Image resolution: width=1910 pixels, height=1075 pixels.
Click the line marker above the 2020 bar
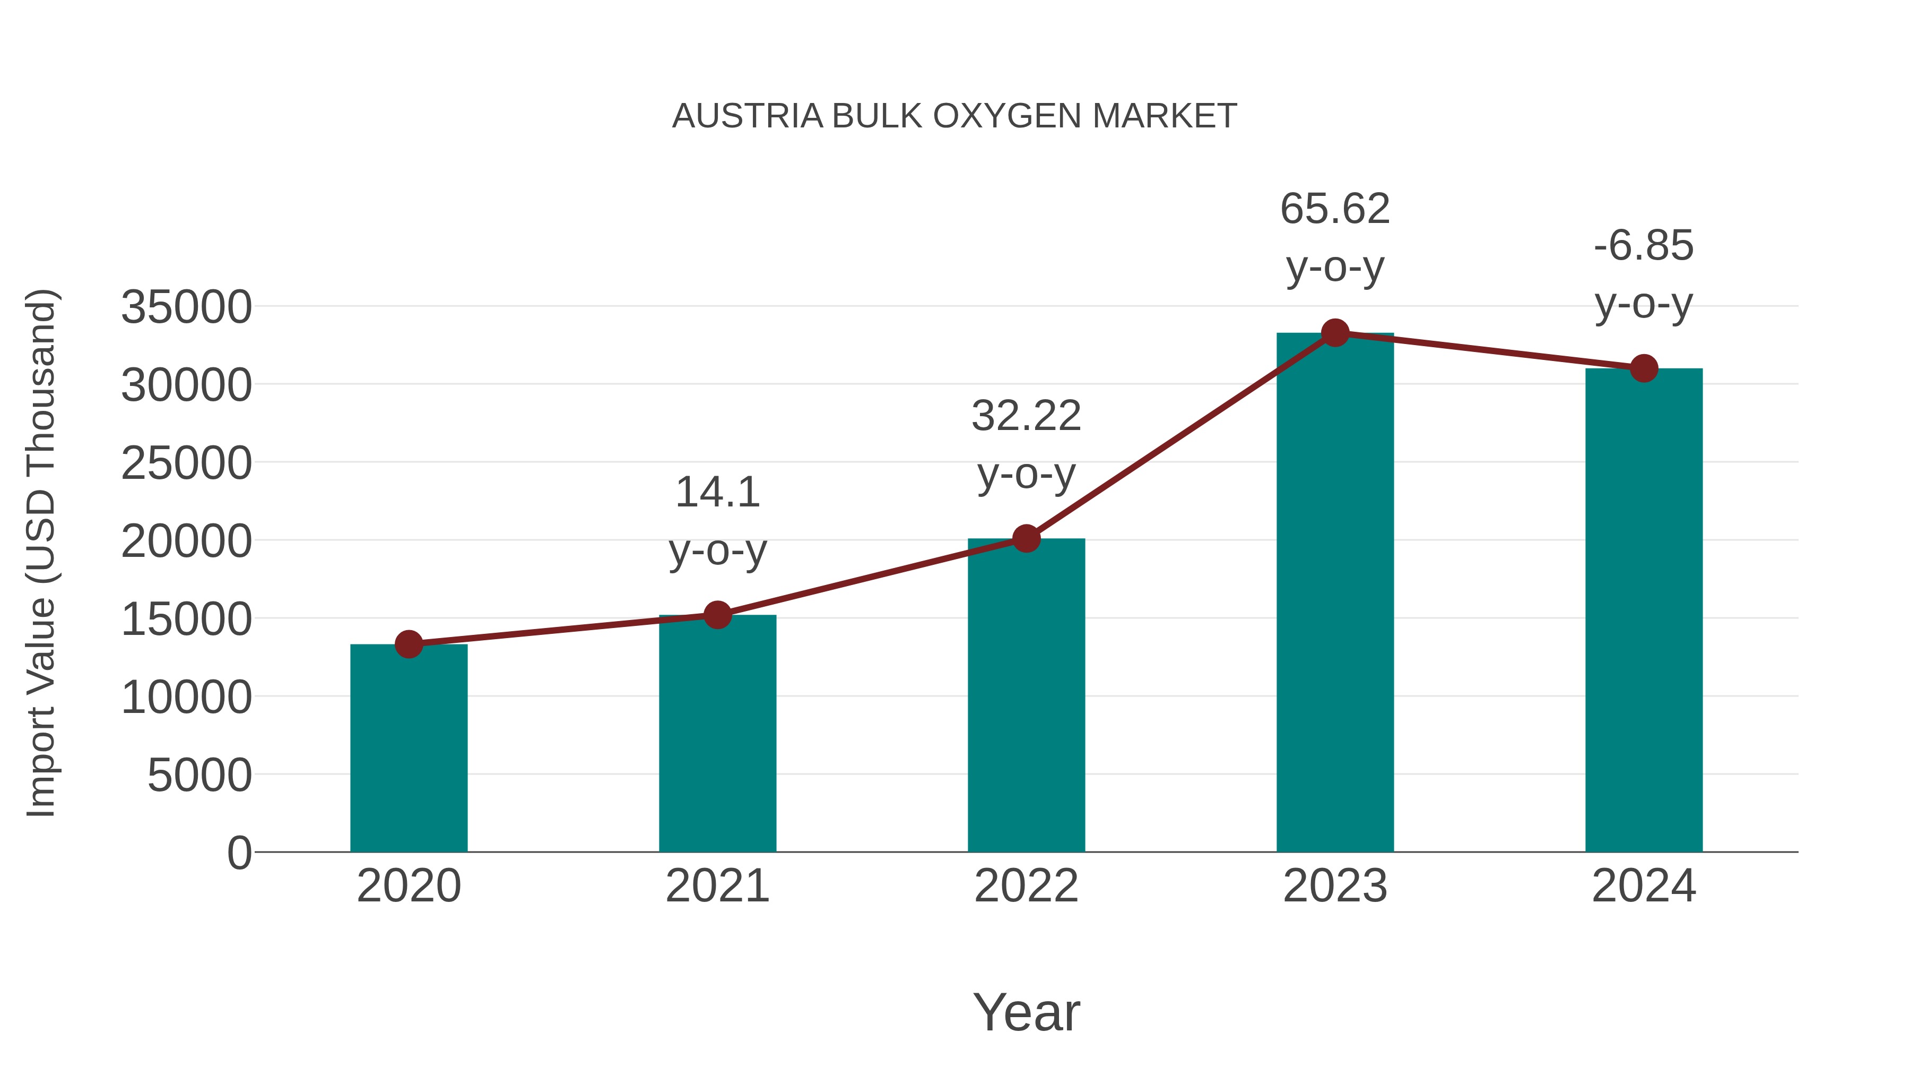click(409, 644)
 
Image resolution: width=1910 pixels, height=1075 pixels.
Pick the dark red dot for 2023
click(1335, 333)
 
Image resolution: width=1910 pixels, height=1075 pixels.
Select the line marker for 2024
click(1644, 368)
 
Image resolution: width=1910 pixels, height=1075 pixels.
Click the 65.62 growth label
click(1335, 209)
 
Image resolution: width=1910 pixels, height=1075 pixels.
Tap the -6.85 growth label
click(1644, 246)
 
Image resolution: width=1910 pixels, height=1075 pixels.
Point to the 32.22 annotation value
click(1026, 416)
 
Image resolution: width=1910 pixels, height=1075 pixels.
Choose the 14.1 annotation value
click(717, 492)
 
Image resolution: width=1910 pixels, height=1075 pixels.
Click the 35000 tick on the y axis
click(186, 307)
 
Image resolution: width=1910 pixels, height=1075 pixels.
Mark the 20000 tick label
click(186, 541)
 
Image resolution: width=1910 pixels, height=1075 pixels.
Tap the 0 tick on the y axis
click(239, 853)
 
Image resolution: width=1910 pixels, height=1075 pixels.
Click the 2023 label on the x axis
click(1335, 886)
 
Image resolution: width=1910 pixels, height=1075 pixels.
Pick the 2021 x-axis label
click(717, 886)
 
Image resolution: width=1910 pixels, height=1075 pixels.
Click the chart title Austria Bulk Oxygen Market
click(954, 116)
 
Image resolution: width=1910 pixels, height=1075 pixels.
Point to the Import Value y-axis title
click(41, 553)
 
